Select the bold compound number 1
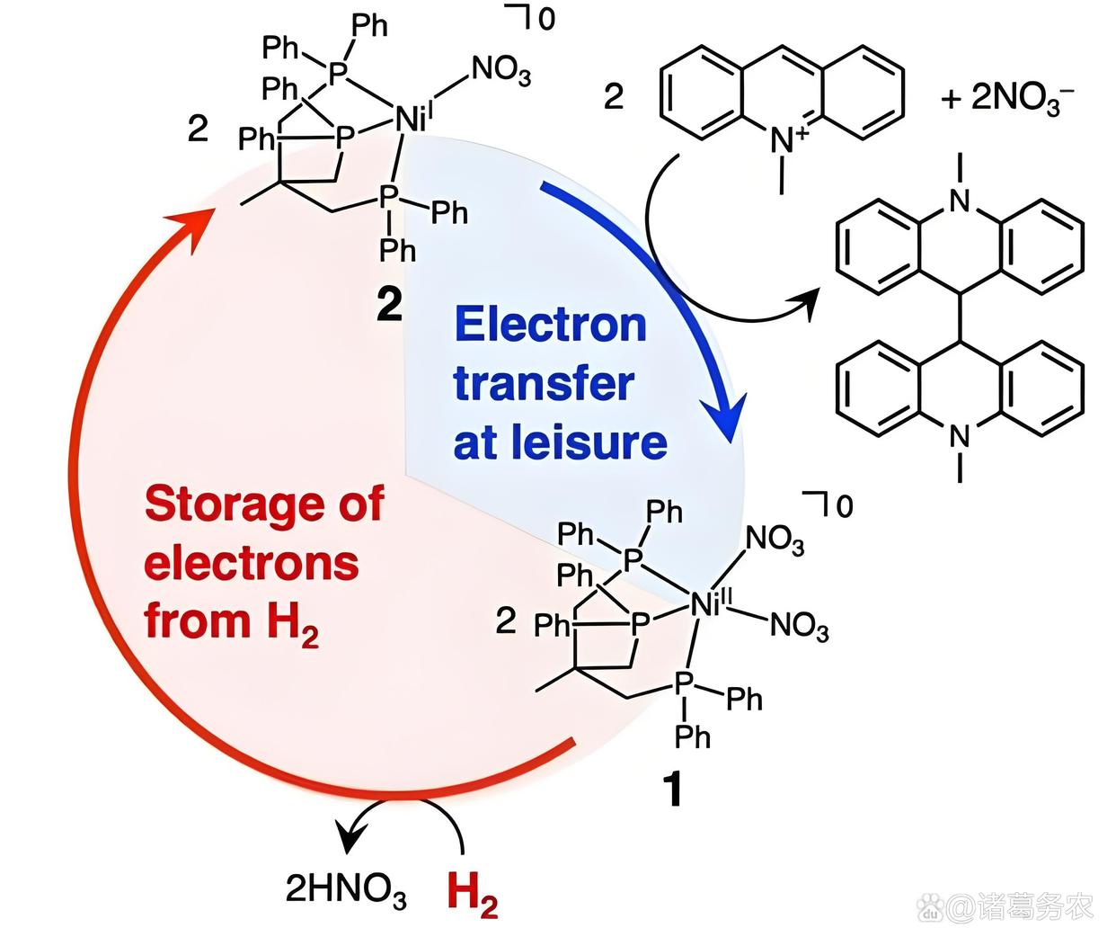click(671, 790)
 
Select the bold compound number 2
click(389, 306)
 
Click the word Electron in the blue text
click(550, 325)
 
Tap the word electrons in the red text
click(252, 563)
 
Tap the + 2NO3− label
click(1006, 96)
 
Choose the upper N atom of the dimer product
click(960, 201)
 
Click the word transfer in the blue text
click(543, 384)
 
